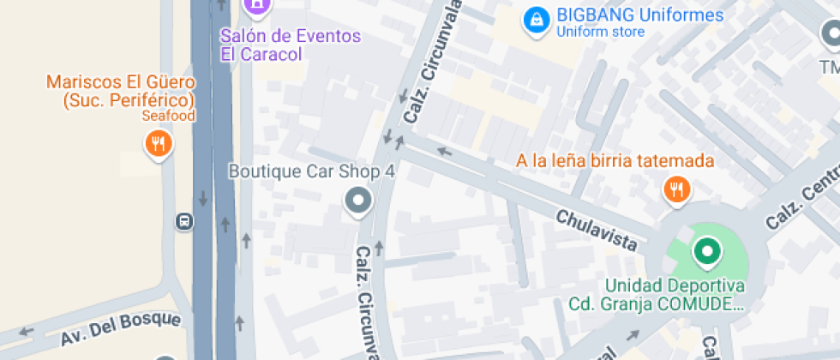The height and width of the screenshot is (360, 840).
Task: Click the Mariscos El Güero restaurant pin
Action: (158, 143)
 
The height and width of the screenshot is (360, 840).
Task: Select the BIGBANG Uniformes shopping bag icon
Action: (536, 19)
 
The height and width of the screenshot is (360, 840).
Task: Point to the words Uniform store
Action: (600, 33)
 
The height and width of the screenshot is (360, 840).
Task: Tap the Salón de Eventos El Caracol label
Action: (291, 45)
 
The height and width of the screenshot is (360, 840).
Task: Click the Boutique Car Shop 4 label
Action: (311, 171)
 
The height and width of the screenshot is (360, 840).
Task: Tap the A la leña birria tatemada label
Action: (615, 161)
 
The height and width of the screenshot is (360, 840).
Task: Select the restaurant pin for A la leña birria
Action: (677, 189)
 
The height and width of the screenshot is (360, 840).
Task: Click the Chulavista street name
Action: (597, 231)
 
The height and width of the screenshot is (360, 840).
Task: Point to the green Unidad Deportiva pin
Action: (707, 252)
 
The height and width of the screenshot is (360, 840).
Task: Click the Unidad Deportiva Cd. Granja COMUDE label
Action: (675, 294)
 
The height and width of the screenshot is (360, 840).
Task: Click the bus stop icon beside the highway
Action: (183, 222)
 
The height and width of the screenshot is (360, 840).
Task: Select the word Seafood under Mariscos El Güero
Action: (169, 116)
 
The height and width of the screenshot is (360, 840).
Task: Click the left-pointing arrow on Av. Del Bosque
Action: (27, 332)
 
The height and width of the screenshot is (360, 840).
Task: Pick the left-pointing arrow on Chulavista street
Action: (444, 152)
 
